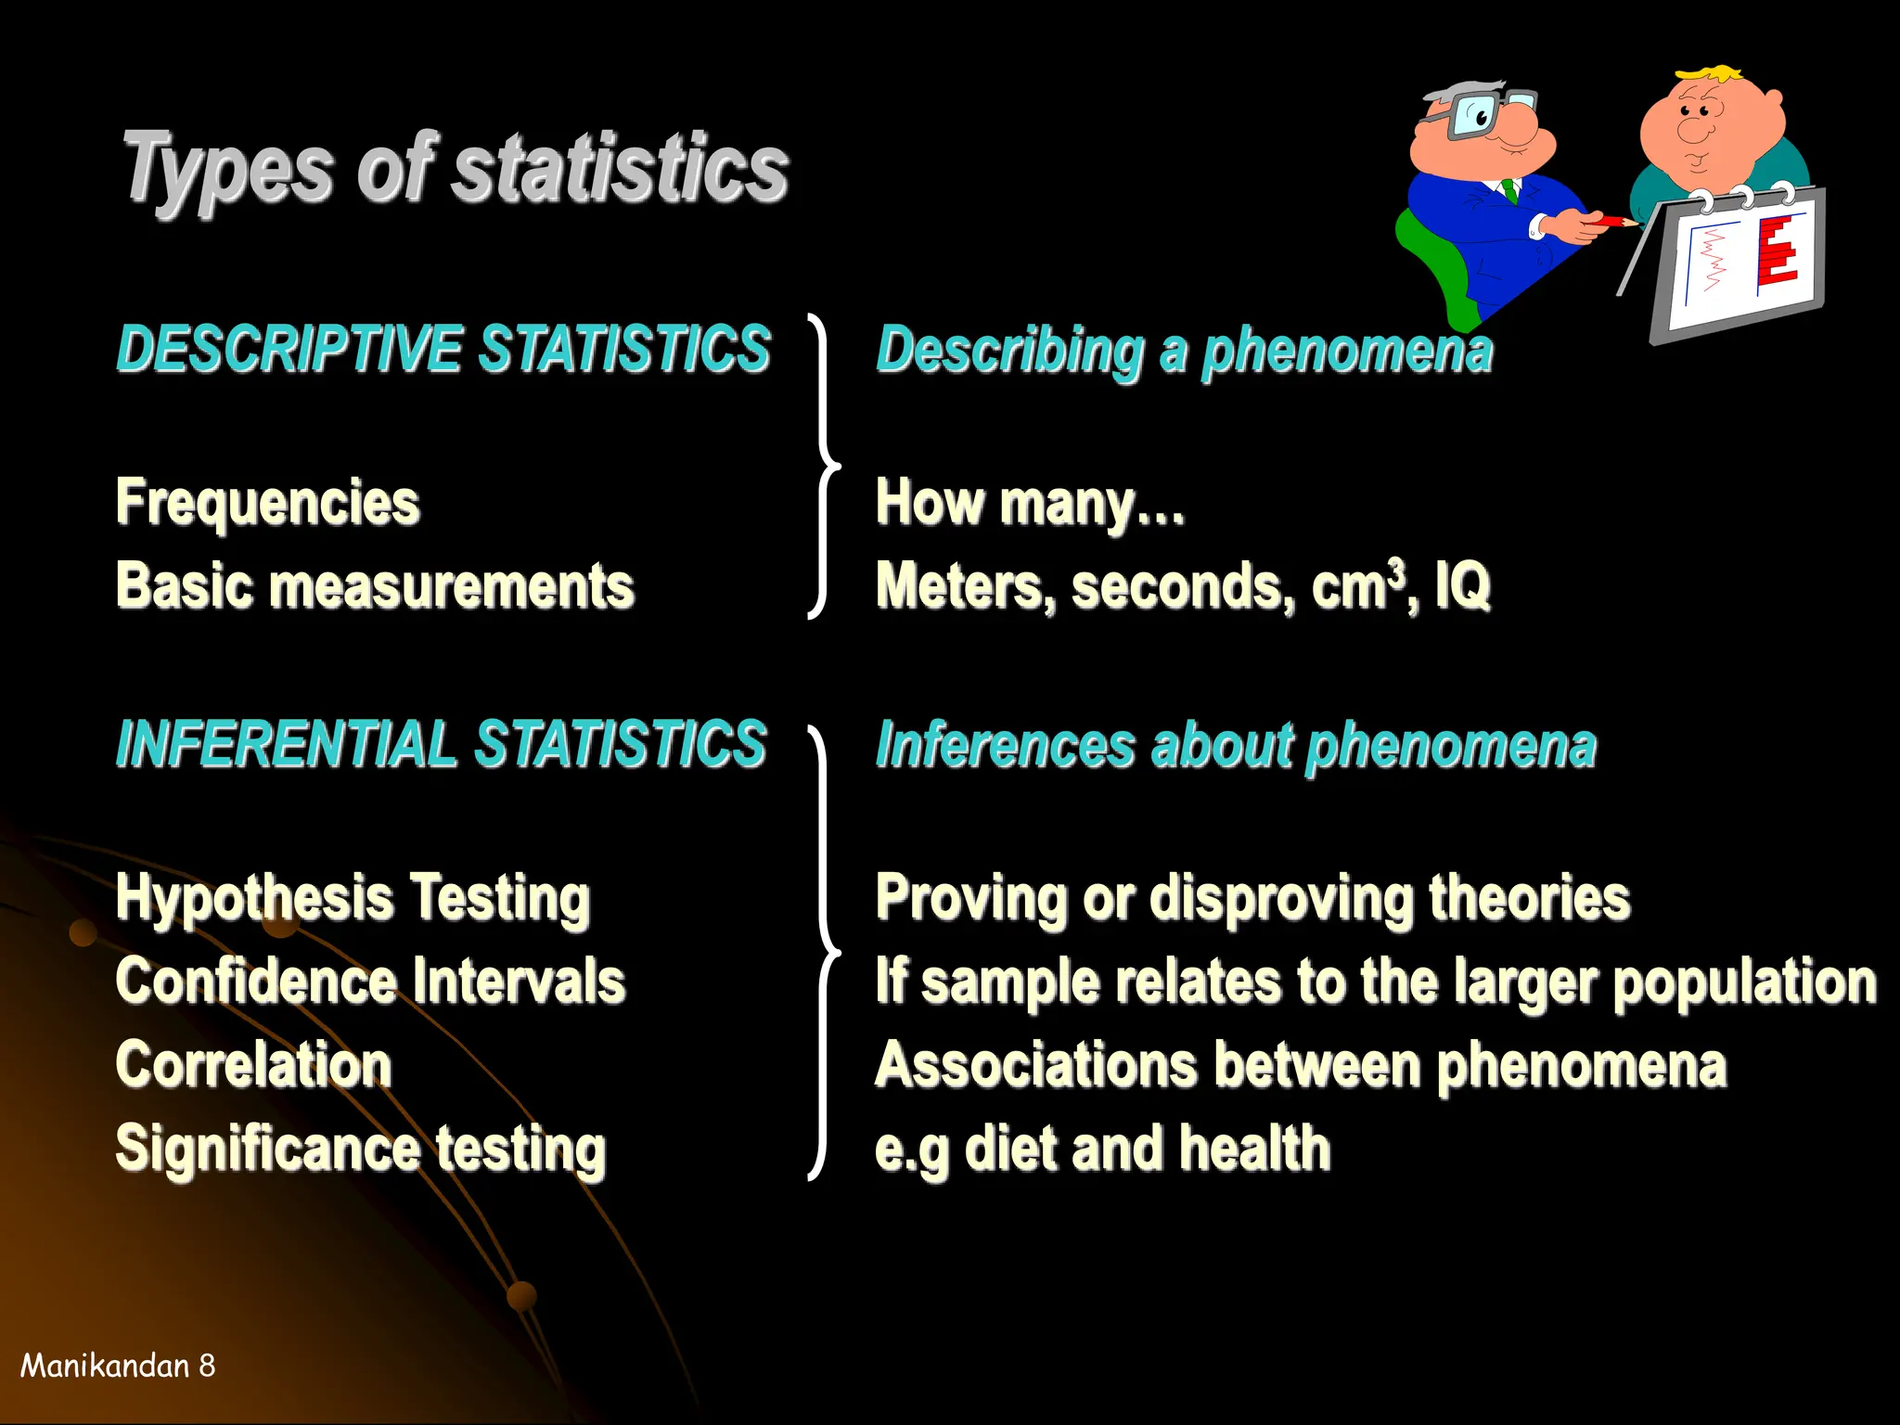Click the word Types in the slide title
[227, 169]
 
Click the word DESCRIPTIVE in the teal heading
[289, 350]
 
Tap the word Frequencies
[267, 503]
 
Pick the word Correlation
[253, 1064]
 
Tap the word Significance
[267, 1149]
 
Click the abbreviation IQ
[1462, 586]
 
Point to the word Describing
[1010, 352]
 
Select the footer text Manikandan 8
[118, 1366]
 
